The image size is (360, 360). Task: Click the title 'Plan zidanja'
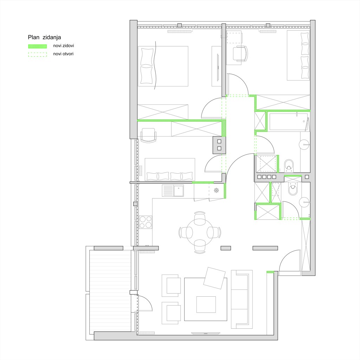pos(44,37)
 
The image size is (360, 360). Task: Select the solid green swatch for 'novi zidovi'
pos(37,46)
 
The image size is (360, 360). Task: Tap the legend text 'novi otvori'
pos(63,54)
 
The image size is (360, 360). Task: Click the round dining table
pos(200,232)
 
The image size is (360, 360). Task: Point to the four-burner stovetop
pos(146,222)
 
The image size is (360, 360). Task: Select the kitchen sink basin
pos(179,191)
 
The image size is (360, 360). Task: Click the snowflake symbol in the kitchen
pos(216,190)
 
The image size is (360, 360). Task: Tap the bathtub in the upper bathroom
pos(288,122)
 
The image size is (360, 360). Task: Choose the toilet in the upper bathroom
pos(289,166)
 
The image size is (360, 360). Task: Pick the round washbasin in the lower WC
pos(304,202)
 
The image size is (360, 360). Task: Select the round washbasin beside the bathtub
pos(304,144)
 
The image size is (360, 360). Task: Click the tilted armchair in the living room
pos(214,278)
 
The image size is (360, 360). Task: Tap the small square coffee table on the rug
pos(206,304)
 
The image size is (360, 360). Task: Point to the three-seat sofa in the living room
pos(242,299)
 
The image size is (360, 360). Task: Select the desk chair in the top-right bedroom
pos(240,53)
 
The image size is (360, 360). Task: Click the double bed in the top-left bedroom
pos(163,66)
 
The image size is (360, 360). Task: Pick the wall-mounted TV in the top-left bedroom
pos(218,67)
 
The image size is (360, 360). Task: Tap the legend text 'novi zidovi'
pos(63,46)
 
